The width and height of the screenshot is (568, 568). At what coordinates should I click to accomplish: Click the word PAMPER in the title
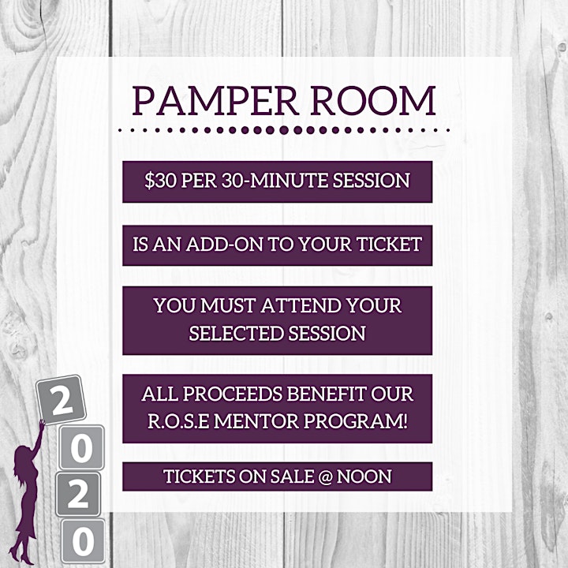tap(215, 101)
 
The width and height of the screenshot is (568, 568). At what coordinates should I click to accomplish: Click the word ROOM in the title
tap(373, 101)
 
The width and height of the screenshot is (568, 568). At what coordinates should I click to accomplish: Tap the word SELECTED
tap(236, 333)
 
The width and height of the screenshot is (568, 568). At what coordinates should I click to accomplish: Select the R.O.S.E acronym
tap(178, 421)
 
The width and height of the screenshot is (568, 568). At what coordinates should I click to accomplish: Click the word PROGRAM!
tap(356, 421)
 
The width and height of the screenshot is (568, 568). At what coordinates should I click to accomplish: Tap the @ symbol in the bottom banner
tap(326, 476)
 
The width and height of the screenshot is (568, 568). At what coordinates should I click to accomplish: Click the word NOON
tap(364, 476)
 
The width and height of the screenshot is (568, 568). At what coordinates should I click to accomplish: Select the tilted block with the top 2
tap(62, 400)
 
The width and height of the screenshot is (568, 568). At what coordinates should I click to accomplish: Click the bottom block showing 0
tap(83, 541)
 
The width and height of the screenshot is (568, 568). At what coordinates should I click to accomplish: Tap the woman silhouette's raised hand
tap(42, 424)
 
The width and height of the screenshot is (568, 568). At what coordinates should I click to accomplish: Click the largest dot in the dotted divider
tap(284, 129)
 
